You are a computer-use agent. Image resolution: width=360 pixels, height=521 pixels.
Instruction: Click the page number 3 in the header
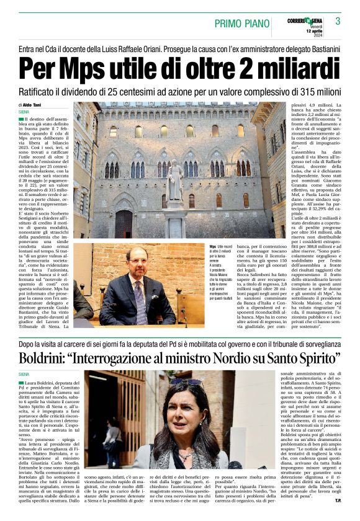(338, 21)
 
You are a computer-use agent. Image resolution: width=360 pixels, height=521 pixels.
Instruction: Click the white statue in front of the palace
(175, 180)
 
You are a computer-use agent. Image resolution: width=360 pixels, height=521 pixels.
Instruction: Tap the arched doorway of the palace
(124, 224)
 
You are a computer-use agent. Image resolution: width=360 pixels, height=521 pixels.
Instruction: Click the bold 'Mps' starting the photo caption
(213, 246)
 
